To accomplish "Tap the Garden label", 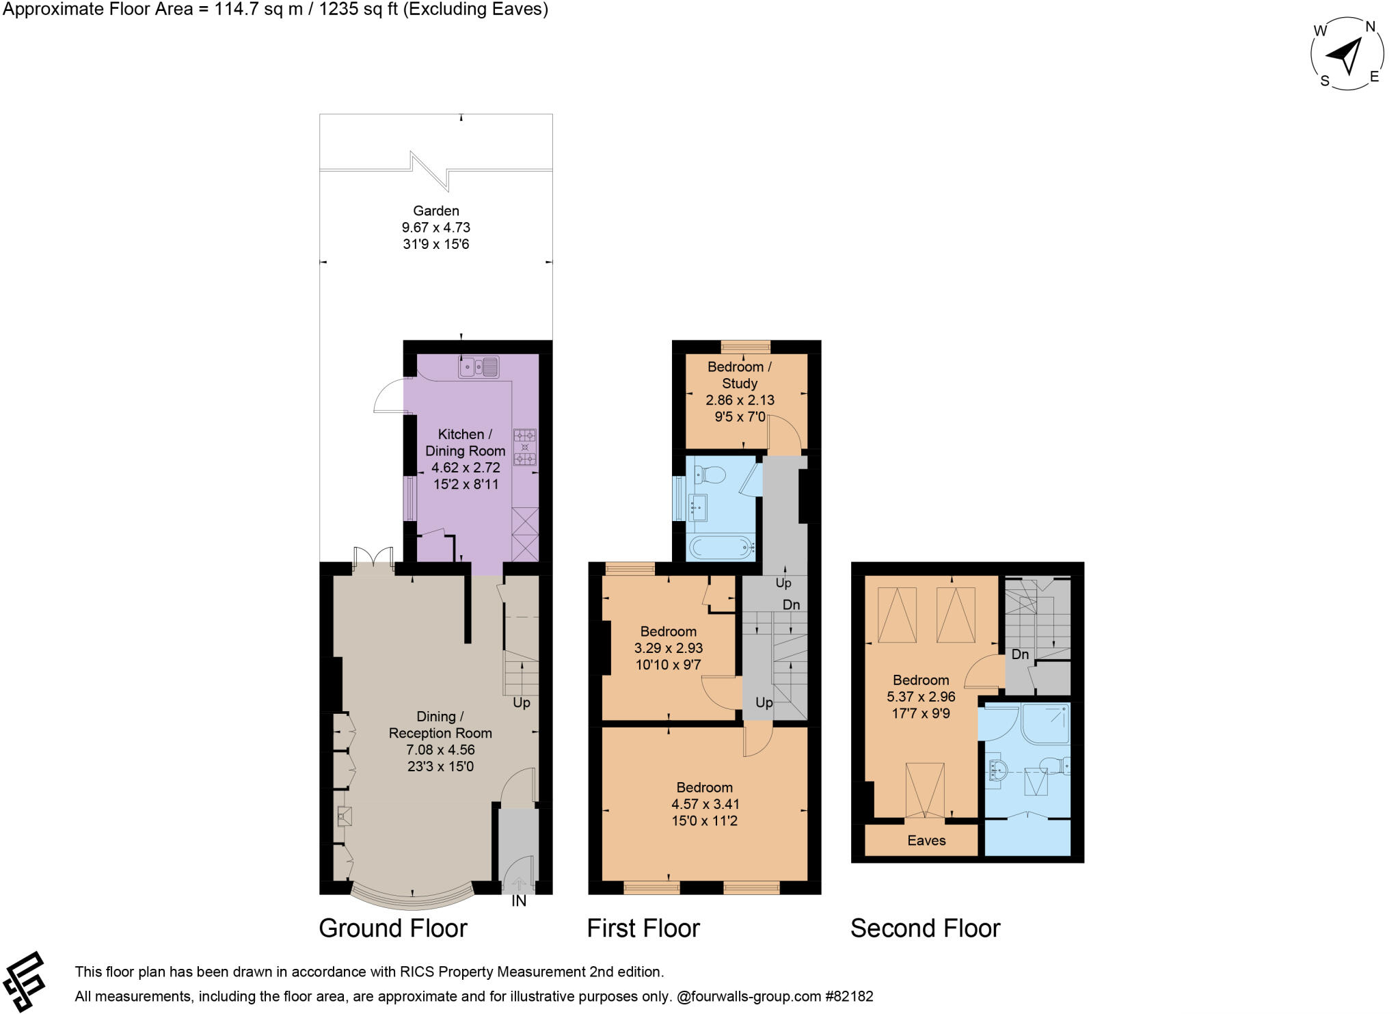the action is (436, 211).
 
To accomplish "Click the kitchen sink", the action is (479, 367).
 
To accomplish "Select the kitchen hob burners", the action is (525, 447).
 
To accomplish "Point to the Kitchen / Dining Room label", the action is (465, 442).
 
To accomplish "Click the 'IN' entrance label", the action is (519, 901).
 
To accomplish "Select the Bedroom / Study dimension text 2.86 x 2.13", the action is (740, 400).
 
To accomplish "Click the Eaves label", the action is (926, 840).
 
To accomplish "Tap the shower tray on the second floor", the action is (1045, 723).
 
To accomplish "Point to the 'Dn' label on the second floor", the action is (1020, 654).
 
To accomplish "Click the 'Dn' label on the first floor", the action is (791, 604).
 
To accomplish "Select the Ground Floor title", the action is (393, 929).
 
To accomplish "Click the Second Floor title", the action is (926, 929).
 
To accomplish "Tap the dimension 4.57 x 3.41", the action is (705, 804).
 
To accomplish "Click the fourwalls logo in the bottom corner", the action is (24, 982).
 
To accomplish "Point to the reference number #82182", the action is (850, 996).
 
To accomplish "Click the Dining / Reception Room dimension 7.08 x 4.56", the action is (440, 749).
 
